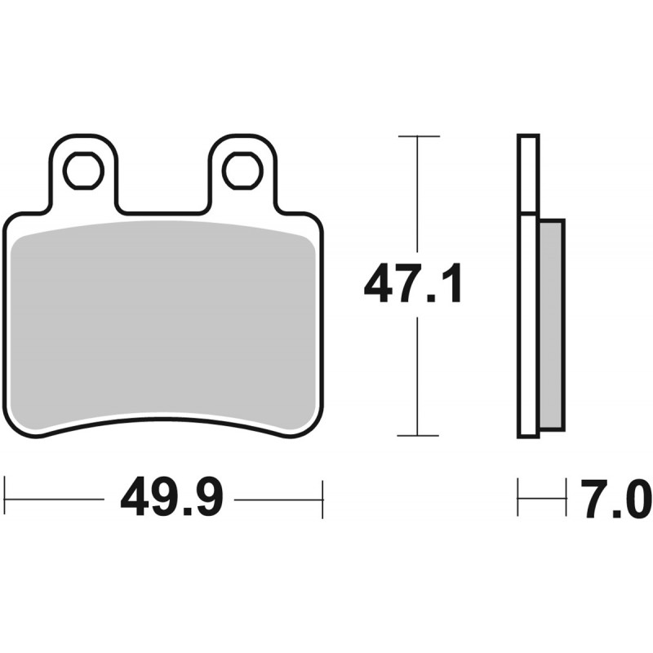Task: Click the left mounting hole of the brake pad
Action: (x=83, y=171)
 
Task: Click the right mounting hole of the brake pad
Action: (x=242, y=171)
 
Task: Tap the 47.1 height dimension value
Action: (x=413, y=283)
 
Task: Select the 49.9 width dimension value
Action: (x=171, y=500)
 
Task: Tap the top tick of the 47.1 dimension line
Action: (x=419, y=136)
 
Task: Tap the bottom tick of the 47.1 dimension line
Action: (x=418, y=436)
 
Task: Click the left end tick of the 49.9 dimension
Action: (x=4, y=498)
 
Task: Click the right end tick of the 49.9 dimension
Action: (x=322, y=500)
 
